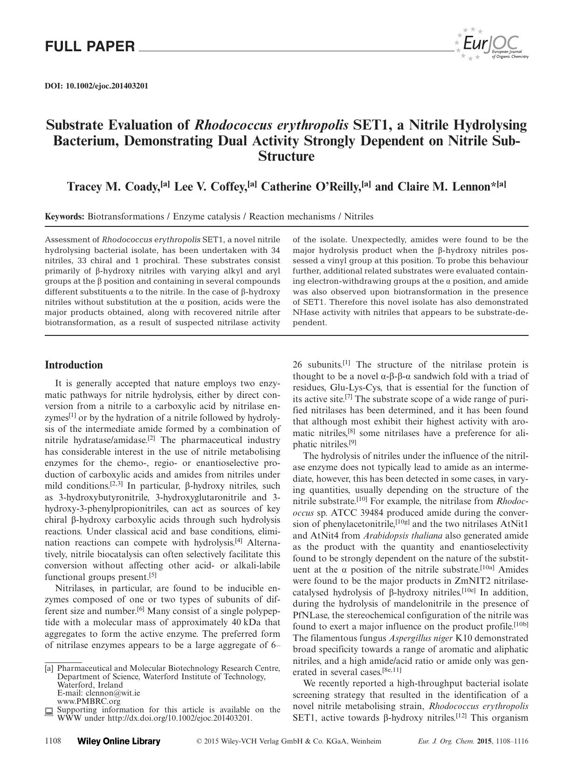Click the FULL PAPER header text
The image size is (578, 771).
click(90, 47)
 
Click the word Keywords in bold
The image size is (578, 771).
click(64, 217)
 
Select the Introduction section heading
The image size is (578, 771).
click(74, 365)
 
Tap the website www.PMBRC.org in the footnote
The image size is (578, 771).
click(89, 701)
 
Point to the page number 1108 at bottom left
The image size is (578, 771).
click(53, 741)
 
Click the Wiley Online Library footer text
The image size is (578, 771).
click(118, 742)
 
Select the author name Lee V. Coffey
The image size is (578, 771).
click(213, 187)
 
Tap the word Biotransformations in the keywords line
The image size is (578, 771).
click(125, 217)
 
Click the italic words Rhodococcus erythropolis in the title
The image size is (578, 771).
click(271, 125)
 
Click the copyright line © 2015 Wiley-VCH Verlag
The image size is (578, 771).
click(289, 741)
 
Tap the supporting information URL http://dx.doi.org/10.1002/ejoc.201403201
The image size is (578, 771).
click(179, 718)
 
